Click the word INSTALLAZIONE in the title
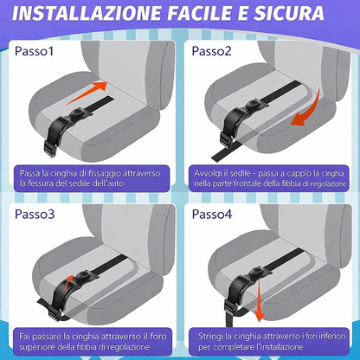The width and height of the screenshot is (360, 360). [x=87, y=13]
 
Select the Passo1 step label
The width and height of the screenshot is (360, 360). [x=34, y=51]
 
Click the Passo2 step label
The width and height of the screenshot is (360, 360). [x=211, y=51]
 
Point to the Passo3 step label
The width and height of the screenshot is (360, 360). [x=35, y=214]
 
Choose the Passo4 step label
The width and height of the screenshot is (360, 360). [x=212, y=214]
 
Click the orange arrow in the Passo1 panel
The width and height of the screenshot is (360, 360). [x=87, y=93]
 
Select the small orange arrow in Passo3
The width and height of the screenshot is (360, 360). [x=67, y=284]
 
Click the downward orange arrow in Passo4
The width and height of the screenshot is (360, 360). [x=259, y=300]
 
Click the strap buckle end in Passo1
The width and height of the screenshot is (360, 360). [x=49, y=149]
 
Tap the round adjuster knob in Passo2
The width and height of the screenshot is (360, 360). [x=254, y=103]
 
